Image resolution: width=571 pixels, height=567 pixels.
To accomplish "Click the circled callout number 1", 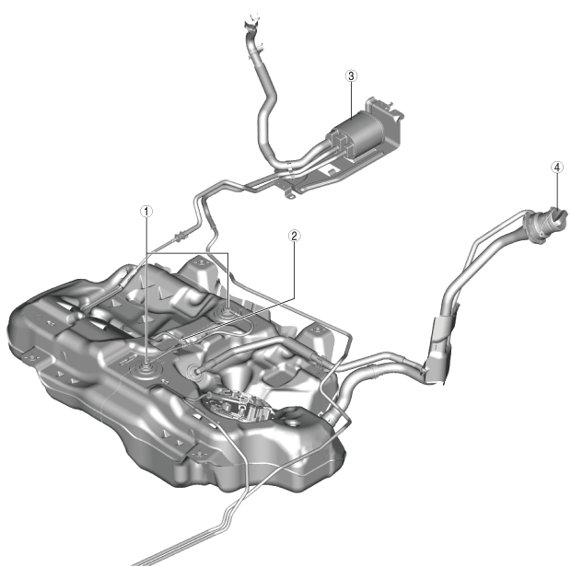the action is click(x=146, y=211).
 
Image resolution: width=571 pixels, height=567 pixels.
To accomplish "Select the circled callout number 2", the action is click(x=294, y=236).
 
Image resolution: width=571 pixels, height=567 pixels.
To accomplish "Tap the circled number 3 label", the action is click(x=351, y=76).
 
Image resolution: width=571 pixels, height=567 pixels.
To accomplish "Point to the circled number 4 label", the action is click(x=556, y=168).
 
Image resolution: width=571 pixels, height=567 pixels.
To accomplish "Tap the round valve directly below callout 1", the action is click(x=146, y=369).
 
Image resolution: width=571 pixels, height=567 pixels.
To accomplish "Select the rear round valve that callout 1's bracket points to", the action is click(x=227, y=311).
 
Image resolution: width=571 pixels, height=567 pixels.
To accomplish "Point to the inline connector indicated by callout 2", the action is click(x=187, y=341).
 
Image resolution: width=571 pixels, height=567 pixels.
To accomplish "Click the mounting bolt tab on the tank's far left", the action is click(x=32, y=358).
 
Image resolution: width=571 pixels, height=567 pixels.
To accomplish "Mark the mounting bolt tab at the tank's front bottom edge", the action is click(x=199, y=454).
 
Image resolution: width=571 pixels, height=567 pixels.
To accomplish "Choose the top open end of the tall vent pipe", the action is click(x=252, y=19).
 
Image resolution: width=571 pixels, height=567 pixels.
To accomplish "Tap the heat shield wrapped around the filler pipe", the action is click(x=440, y=350).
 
